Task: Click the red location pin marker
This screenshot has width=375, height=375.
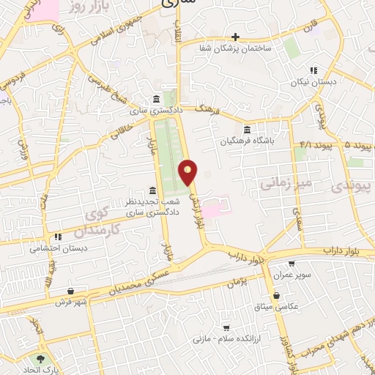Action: click(x=189, y=173)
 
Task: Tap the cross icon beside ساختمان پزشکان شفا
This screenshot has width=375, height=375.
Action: click(x=235, y=37)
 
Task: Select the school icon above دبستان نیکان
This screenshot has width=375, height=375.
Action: click(x=313, y=71)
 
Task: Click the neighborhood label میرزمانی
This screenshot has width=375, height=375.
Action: click(x=287, y=181)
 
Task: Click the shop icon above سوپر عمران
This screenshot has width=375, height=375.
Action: click(x=292, y=264)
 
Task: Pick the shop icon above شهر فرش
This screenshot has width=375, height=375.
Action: click(x=70, y=291)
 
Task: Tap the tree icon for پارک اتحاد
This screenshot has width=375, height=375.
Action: click(x=40, y=359)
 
